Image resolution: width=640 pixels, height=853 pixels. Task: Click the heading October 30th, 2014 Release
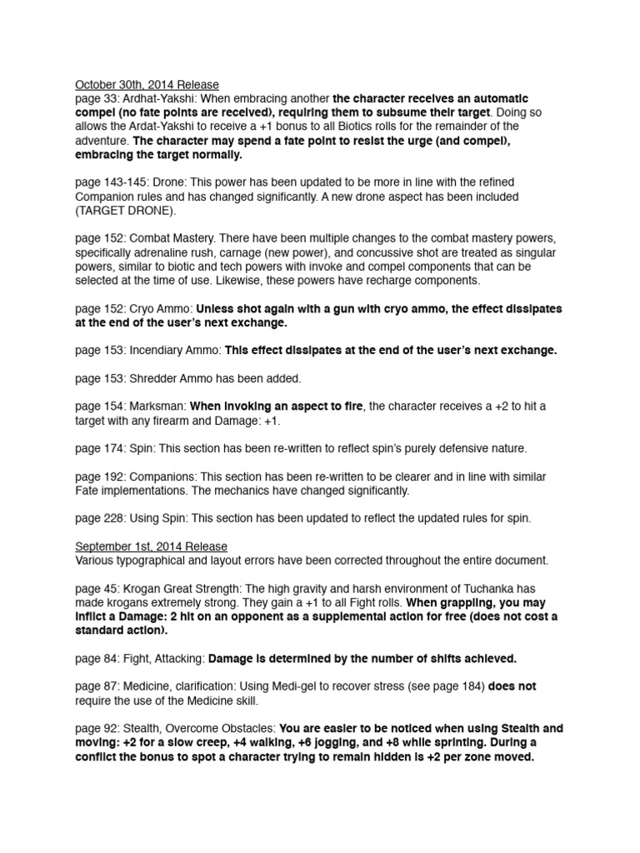click(147, 84)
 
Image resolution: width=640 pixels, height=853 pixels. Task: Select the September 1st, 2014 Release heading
click(151, 546)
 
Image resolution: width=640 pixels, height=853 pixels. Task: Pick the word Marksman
click(157, 406)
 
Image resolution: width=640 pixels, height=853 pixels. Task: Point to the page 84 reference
click(96, 658)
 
